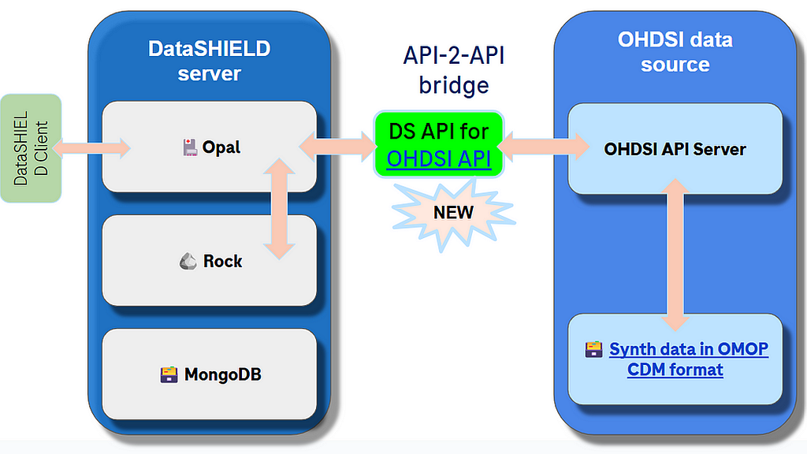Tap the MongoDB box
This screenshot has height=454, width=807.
[x=210, y=374]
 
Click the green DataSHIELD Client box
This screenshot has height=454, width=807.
[x=31, y=147]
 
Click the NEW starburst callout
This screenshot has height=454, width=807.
[x=453, y=212]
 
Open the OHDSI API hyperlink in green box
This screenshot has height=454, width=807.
[x=439, y=159]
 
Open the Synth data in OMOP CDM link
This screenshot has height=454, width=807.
[x=688, y=359]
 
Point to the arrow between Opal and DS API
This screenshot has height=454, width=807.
[x=337, y=147]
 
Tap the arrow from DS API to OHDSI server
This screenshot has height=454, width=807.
[x=543, y=147]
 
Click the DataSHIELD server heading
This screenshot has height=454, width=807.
[x=209, y=61]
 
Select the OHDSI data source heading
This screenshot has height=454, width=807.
[x=675, y=52]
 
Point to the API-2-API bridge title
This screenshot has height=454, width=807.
[x=453, y=71]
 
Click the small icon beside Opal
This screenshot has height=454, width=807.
[x=189, y=147]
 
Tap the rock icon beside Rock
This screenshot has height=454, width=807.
[x=188, y=261]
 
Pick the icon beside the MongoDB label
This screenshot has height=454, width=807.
[x=169, y=374]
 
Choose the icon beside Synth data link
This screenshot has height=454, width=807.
[x=593, y=349]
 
